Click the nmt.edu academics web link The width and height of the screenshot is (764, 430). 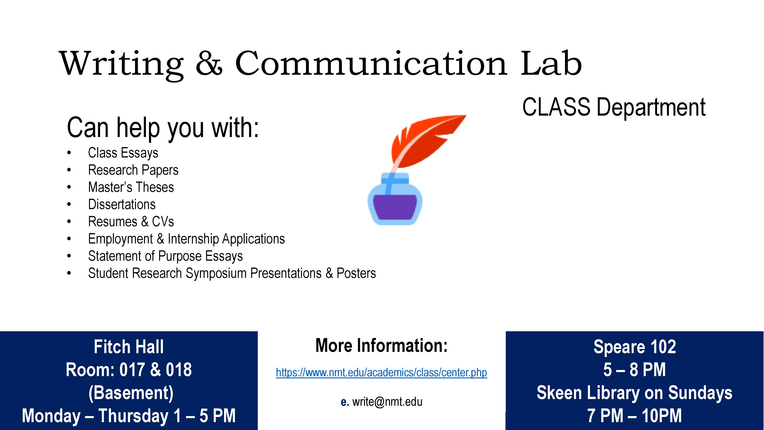tap(381, 372)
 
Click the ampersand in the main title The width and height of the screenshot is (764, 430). tap(209, 63)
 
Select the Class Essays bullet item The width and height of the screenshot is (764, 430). tap(123, 153)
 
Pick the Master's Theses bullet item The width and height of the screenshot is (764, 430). tap(131, 187)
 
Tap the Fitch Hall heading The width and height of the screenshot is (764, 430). tap(129, 347)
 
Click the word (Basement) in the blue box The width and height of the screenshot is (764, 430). tap(131, 393)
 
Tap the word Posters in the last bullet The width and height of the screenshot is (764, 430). tap(356, 273)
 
